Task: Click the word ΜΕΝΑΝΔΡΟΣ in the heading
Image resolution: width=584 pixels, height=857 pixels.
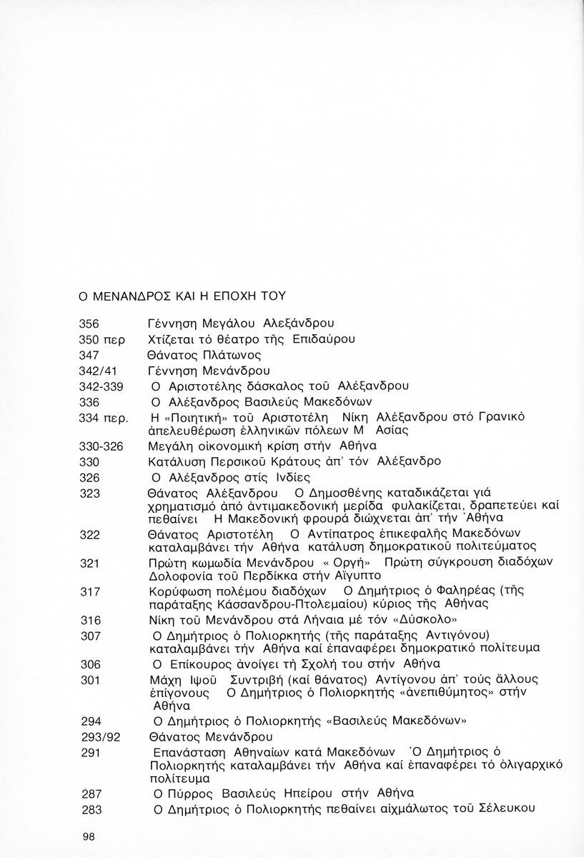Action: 127,294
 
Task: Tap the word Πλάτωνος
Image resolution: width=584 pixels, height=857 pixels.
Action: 232,354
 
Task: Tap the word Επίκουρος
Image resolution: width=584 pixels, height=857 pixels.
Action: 201,663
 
